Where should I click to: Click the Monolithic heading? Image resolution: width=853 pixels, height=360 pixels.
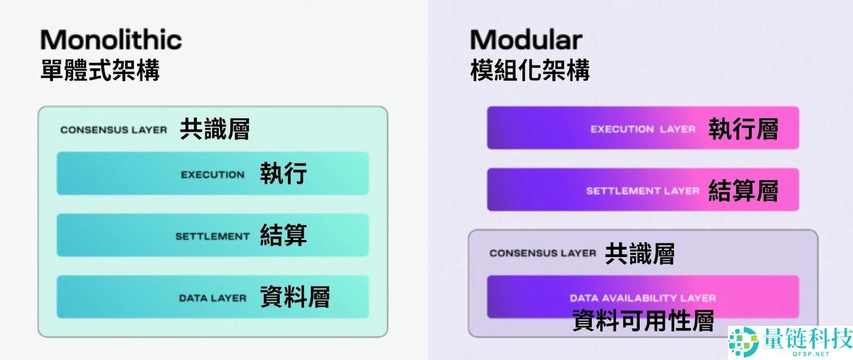pyautogui.click(x=111, y=40)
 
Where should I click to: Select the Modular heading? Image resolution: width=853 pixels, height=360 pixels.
pyautogui.click(x=526, y=40)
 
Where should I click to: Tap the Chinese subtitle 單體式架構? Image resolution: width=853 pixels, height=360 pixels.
pyautogui.click(x=100, y=71)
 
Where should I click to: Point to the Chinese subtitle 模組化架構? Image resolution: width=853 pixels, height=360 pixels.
pyautogui.click(x=529, y=71)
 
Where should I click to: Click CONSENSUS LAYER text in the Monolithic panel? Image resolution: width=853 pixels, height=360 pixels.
pyautogui.click(x=114, y=130)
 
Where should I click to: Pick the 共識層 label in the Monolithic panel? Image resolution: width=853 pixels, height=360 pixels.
pyautogui.click(x=214, y=129)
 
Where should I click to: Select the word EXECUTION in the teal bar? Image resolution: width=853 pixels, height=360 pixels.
pyautogui.click(x=213, y=175)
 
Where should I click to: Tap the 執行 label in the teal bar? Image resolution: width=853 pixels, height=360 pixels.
pyautogui.click(x=283, y=173)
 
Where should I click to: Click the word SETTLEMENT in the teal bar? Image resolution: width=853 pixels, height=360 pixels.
pyautogui.click(x=212, y=236)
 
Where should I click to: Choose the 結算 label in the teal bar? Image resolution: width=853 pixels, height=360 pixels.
pyautogui.click(x=283, y=235)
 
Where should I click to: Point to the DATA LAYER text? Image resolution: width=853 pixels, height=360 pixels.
pyautogui.click(x=212, y=298)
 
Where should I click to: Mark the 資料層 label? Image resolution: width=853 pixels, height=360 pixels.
pyautogui.click(x=295, y=297)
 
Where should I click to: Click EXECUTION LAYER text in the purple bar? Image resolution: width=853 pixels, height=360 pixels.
pyautogui.click(x=643, y=129)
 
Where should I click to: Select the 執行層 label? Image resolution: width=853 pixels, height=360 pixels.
pyautogui.click(x=743, y=129)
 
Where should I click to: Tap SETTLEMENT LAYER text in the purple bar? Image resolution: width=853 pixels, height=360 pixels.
pyautogui.click(x=643, y=191)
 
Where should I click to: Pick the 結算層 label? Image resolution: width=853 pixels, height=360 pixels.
pyautogui.click(x=743, y=191)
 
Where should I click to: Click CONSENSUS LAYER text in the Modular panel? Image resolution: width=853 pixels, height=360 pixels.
pyautogui.click(x=543, y=253)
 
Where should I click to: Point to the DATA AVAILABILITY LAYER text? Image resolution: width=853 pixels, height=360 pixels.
pyautogui.click(x=643, y=298)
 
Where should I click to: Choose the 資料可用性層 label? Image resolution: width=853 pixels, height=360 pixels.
pyautogui.click(x=643, y=321)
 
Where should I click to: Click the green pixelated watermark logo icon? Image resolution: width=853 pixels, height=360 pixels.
pyautogui.click(x=744, y=342)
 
